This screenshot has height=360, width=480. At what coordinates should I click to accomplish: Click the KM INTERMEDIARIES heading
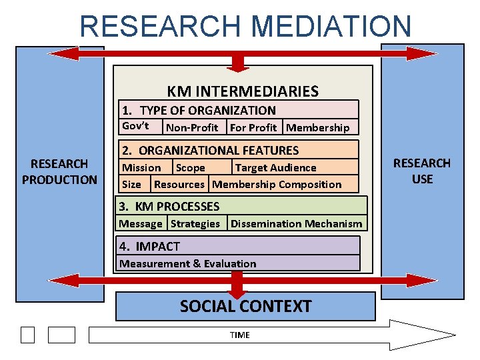243,91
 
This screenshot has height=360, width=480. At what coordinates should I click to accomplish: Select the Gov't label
135,126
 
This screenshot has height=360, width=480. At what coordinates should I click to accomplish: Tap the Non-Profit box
192,127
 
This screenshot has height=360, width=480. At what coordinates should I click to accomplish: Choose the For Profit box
253,127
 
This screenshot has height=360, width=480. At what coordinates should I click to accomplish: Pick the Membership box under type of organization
318,127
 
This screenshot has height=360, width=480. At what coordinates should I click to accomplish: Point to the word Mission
141,168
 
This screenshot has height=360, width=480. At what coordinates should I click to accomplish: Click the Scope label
191,168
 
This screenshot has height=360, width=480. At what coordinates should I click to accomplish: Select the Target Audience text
276,168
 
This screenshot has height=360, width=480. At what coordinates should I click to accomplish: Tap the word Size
131,185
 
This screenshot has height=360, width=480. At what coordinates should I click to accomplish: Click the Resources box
179,185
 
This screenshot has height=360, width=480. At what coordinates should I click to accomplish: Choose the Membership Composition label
277,185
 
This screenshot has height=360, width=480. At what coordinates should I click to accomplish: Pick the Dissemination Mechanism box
297,224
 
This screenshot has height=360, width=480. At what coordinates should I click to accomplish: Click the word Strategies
195,224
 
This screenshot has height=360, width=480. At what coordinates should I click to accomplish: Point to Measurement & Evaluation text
188,263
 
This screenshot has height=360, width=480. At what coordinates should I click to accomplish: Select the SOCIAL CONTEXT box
245,307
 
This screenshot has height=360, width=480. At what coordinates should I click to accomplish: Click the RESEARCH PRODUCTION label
59,171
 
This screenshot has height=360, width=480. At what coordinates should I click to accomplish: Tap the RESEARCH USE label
422,171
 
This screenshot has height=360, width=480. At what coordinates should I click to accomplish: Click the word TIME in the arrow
239,335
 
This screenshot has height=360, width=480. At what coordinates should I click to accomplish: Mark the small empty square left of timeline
27,335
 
